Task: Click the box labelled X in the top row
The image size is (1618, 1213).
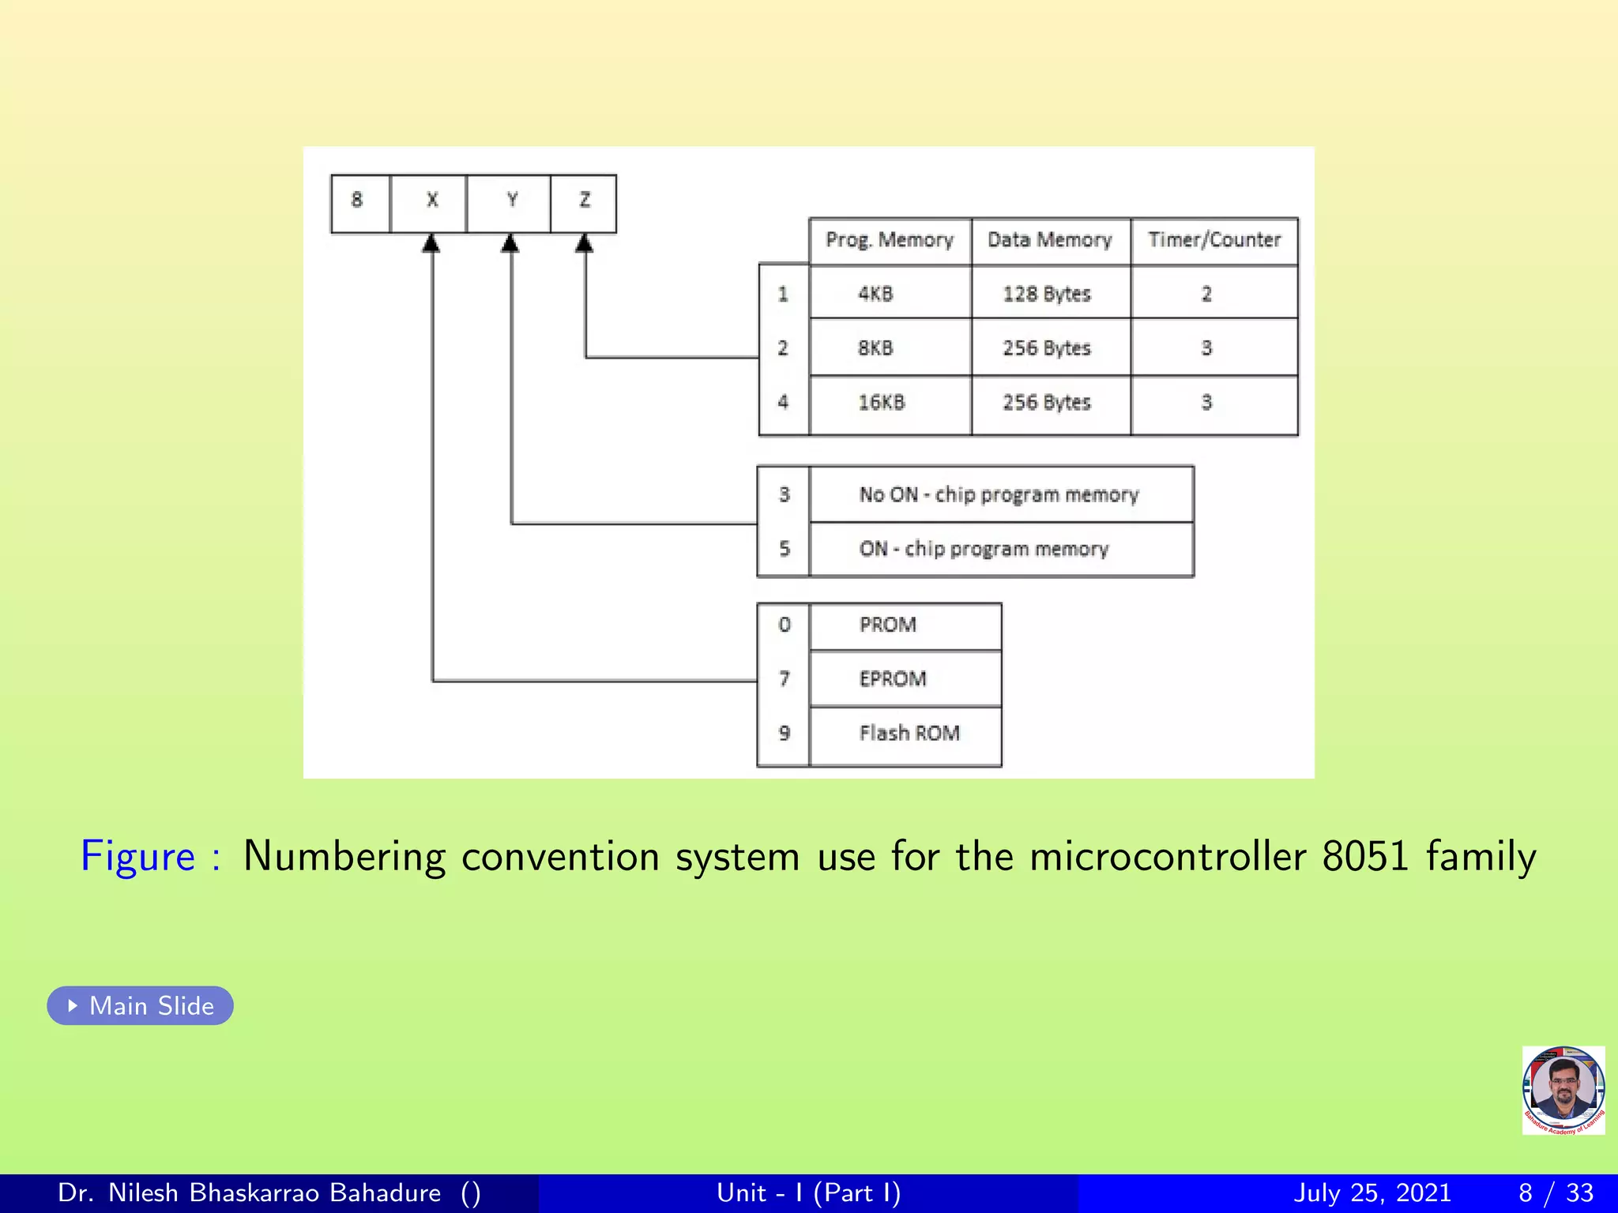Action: pos(431,202)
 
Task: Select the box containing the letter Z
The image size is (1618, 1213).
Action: pos(584,202)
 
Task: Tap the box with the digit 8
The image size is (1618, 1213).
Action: pos(359,202)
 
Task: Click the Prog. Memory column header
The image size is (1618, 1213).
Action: pos(890,240)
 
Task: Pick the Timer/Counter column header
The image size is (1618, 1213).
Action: pos(1214,240)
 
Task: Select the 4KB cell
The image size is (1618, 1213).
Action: pos(876,294)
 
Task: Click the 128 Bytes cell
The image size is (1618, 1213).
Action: pos(1047,294)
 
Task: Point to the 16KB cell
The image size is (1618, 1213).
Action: pos(882,403)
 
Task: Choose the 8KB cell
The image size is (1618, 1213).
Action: pos(876,348)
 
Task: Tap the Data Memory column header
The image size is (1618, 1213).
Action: pos(1050,240)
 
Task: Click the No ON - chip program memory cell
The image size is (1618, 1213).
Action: pos(999,495)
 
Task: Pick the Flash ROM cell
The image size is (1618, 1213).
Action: pos(909,734)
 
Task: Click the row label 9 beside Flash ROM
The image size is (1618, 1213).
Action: pos(784,734)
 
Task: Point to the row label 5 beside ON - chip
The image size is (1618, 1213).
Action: pos(784,549)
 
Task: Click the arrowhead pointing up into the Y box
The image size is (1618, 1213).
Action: pos(510,243)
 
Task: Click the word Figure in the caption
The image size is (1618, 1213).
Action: pos(138,857)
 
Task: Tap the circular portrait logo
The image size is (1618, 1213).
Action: pos(1563,1090)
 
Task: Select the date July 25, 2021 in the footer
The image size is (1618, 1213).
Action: pos(1372,1192)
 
